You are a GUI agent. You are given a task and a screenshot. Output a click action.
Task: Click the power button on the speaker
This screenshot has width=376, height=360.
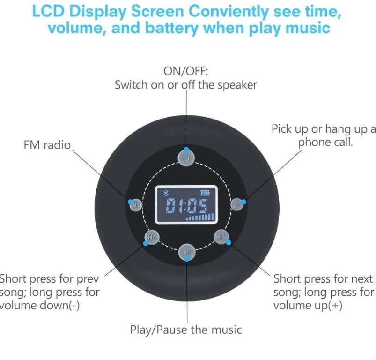point(186,157)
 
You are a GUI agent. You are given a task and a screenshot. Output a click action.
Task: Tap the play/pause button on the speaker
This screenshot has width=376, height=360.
point(187,252)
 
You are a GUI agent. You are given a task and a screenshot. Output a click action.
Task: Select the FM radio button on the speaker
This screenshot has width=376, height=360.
point(136,205)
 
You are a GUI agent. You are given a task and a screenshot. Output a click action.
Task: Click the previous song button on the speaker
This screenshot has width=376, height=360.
point(152,238)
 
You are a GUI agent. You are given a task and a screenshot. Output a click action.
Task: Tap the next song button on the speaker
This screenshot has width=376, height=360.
point(221,237)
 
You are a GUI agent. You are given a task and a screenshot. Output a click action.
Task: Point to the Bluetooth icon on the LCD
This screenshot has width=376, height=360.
point(165,193)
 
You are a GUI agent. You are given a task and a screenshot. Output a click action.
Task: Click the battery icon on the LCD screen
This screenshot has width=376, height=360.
point(205,193)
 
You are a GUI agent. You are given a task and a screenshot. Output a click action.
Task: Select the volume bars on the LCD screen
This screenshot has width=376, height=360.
point(200,217)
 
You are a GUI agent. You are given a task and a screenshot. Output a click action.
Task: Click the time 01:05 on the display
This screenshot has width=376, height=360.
point(187,206)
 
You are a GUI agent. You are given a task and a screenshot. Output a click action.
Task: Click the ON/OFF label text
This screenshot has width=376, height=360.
point(186,71)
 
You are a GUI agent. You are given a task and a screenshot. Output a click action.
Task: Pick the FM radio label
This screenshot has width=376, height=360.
point(47,145)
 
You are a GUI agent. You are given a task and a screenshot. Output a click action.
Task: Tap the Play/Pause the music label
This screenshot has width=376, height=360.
point(186,330)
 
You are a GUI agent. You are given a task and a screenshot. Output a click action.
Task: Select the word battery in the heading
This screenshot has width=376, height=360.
point(172,28)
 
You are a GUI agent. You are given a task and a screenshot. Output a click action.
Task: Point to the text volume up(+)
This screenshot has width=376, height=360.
point(308,306)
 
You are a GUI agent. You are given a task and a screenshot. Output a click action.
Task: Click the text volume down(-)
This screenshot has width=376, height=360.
point(39,306)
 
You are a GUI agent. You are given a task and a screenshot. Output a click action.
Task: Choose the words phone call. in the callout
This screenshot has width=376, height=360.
point(325,142)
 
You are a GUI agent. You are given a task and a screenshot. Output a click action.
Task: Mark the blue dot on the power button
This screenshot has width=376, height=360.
point(186,150)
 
